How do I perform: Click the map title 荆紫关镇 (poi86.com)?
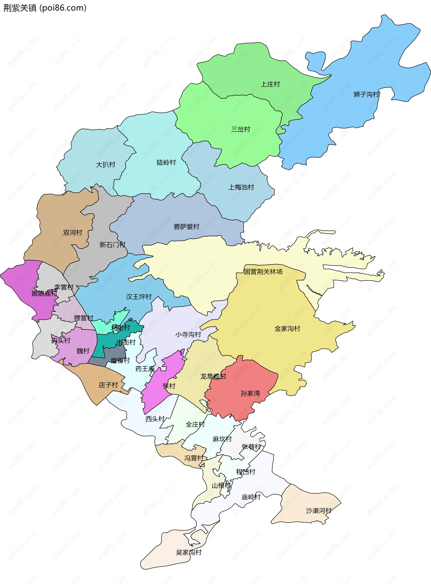(45, 8)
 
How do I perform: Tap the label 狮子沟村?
(366, 94)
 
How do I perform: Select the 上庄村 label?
(270, 84)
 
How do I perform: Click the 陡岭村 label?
(166, 163)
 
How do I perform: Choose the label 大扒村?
(106, 165)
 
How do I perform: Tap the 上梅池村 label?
(241, 187)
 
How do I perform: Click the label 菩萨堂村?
(186, 227)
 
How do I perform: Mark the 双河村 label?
(73, 233)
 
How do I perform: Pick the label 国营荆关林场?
(263, 272)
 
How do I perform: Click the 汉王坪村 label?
(139, 297)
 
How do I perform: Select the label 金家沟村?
(287, 329)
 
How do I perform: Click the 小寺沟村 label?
(188, 335)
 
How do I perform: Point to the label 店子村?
(108, 385)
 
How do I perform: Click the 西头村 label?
(155, 419)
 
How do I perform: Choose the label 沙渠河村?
(319, 510)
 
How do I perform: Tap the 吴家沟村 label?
(188, 552)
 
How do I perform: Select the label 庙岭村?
(251, 497)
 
